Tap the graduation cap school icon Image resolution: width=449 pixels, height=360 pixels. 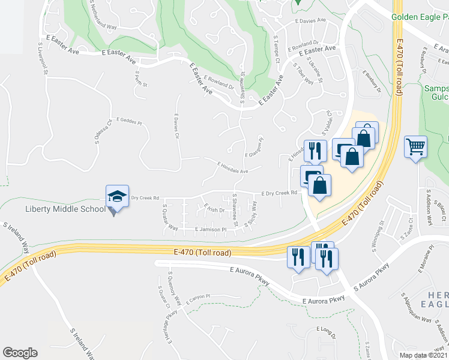(117, 196)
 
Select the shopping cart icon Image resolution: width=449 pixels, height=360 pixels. (416, 145)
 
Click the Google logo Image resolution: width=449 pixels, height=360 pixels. (20, 353)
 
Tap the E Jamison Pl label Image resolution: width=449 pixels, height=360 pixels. (209, 229)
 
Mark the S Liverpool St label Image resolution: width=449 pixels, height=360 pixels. (45, 60)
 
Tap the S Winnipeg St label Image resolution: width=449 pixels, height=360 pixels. (381, 236)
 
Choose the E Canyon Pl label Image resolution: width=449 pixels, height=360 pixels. (198, 298)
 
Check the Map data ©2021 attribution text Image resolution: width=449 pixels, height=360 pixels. (423, 355)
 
